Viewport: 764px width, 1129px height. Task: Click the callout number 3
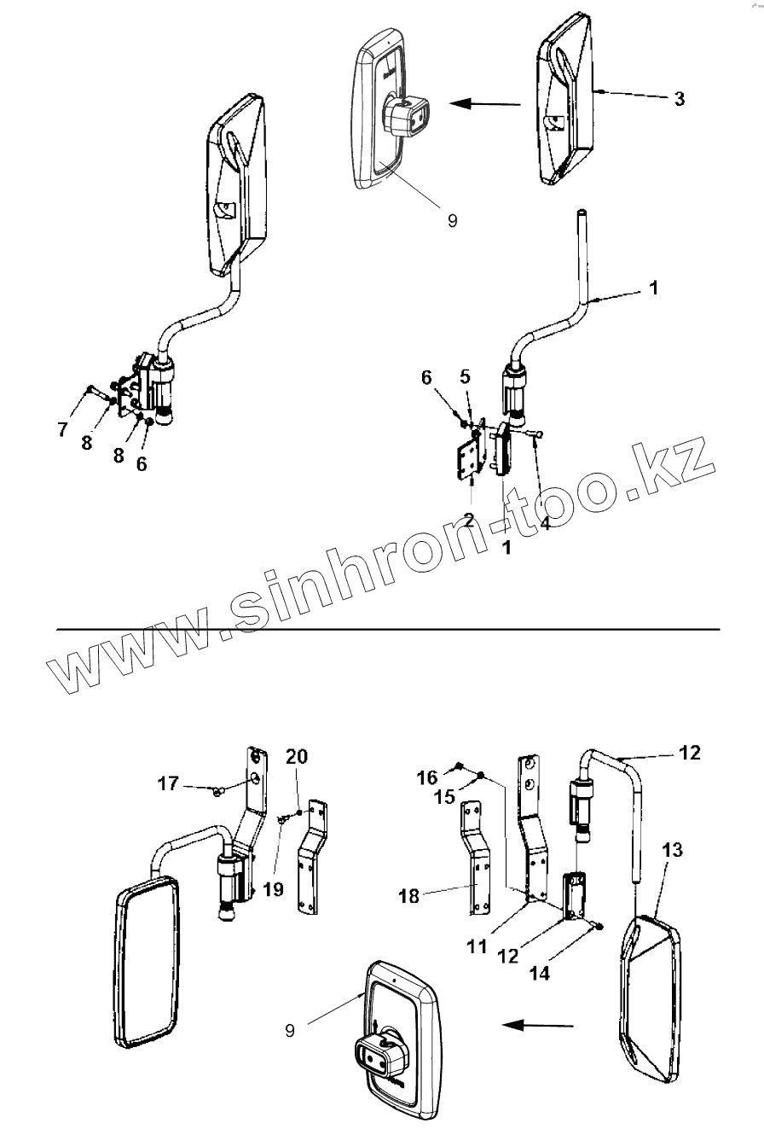click(x=679, y=98)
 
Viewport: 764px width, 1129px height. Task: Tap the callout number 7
click(x=62, y=429)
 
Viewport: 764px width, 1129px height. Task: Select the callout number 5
click(x=465, y=375)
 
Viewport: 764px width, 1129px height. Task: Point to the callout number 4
click(x=545, y=523)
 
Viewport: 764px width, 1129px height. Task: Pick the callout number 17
click(x=168, y=782)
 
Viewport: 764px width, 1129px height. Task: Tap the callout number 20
click(x=297, y=756)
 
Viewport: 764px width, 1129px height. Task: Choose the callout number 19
click(x=273, y=890)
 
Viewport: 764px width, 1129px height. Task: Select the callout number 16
click(x=427, y=777)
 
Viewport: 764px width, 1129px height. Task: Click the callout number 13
click(x=671, y=850)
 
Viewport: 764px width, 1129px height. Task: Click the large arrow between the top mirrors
click(x=484, y=104)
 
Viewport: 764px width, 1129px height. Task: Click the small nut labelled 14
click(x=597, y=926)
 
